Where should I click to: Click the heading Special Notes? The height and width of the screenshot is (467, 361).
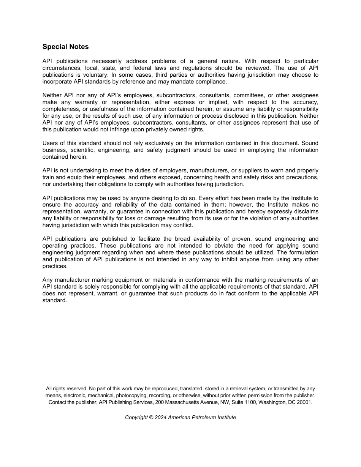pos(65,47)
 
